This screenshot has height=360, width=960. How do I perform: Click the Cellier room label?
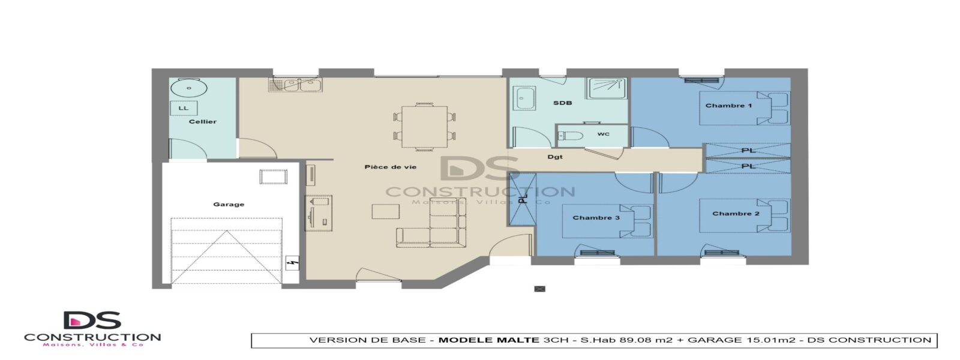203,122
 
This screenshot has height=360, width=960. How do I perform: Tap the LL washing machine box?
184,108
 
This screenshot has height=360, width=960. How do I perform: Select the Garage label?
229,205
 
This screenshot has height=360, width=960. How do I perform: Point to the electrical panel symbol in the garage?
293,263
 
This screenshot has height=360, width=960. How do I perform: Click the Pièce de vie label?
391,167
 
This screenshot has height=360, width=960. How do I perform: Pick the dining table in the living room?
425,127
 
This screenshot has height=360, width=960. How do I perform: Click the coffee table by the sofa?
385,212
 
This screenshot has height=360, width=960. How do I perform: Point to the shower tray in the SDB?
607,88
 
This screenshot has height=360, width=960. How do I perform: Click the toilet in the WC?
571,136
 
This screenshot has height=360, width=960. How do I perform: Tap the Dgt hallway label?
555,157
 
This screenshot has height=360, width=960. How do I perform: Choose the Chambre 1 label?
728,106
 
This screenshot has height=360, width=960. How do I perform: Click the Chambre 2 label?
736,214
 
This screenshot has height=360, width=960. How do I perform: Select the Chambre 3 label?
596,218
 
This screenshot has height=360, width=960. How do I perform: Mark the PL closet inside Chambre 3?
522,199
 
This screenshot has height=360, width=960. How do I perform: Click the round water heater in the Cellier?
188,89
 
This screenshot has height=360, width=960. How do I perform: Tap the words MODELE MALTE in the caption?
489,340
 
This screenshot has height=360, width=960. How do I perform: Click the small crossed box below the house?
539,289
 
